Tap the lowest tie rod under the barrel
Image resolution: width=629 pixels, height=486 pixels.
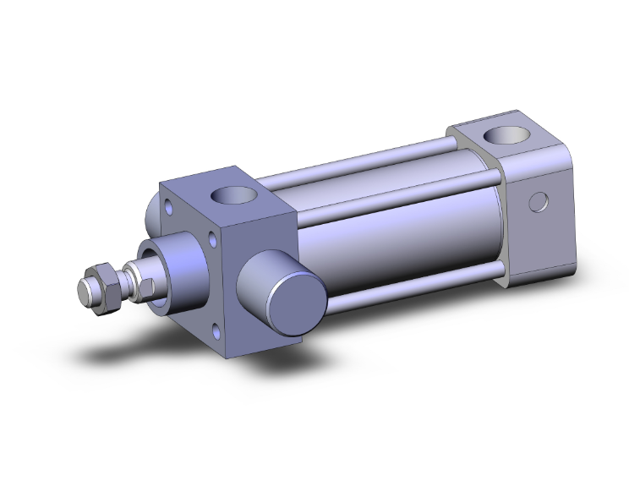click(x=414, y=287)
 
